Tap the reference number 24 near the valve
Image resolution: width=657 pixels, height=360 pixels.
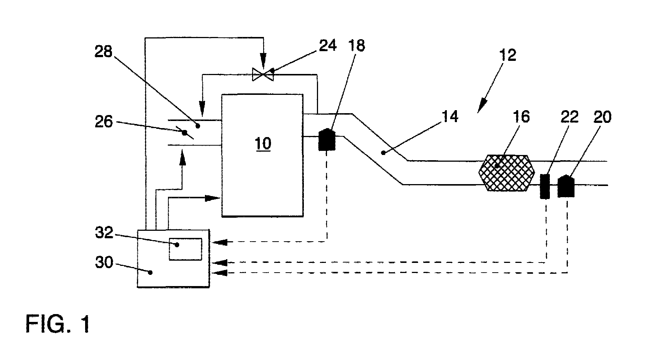point(327,45)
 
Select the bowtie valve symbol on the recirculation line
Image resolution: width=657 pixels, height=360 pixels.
point(263,74)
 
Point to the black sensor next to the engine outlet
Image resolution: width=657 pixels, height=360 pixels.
point(327,139)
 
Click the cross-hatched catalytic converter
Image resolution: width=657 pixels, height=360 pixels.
point(506,173)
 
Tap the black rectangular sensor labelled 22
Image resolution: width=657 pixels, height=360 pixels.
point(545,186)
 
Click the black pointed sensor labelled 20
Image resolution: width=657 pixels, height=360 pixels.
point(566,186)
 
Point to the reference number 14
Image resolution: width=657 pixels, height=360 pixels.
point(449,117)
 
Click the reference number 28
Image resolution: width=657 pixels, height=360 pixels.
point(103,52)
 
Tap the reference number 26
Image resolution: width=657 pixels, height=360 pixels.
point(103,122)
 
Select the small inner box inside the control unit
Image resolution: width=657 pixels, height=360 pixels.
point(186,249)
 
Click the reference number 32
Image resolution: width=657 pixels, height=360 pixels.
point(104,233)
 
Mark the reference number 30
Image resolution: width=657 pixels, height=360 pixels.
point(104,263)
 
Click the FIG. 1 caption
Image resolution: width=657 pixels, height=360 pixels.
point(58,324)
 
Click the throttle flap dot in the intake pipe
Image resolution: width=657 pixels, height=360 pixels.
point(184,133)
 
